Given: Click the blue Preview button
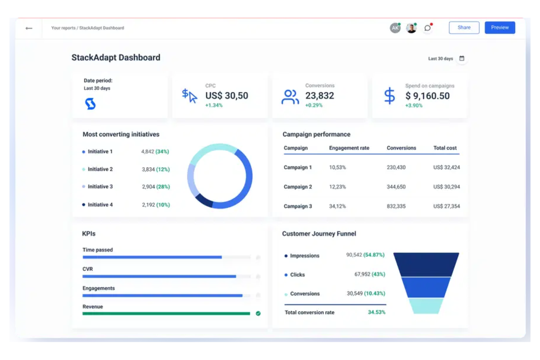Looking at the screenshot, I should (499, 28).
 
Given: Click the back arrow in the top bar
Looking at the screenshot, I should (29, 28).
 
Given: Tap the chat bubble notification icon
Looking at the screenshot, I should (427, 28).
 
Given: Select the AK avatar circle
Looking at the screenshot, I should (395, 28).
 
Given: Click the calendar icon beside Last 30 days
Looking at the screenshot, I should (462, 58).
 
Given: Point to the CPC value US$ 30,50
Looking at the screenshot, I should (227, 96).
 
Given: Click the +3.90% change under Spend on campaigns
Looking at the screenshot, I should (414, 105).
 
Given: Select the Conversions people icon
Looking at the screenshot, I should (290, 97).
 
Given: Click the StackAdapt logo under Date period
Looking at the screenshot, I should (90, 104).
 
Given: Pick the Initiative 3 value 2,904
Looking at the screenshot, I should (148, 187).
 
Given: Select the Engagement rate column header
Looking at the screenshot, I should (349, 148).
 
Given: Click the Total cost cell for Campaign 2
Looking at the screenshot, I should (446, 187).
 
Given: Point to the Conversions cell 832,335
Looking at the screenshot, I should (396, 206).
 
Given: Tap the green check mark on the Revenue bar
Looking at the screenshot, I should (258, 313).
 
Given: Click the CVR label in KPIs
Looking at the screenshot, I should (88, 269).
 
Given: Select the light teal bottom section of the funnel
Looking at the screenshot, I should (426, 306).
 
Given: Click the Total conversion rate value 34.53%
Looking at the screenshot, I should (376, 312).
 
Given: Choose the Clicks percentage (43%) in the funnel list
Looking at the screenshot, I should (378, 274).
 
